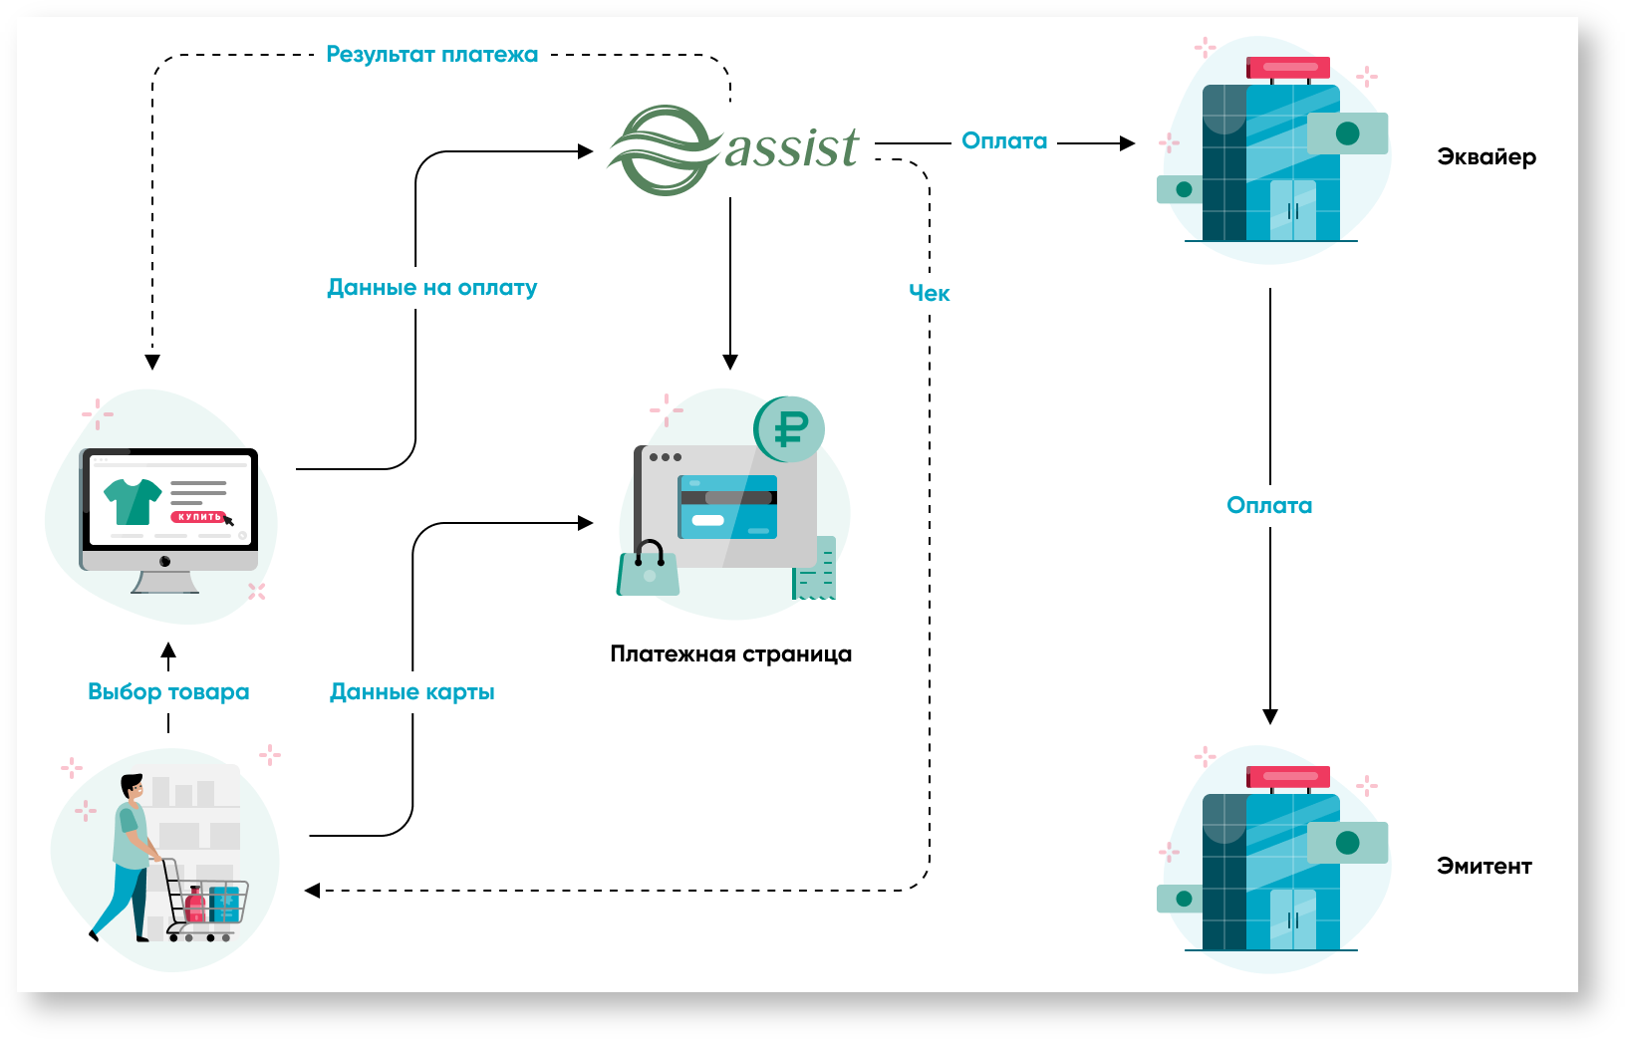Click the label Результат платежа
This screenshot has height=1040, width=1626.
click(x=431, y=55)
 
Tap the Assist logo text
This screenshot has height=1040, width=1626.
click(x=791, y=148)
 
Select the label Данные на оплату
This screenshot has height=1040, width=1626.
click(x=431, y=288)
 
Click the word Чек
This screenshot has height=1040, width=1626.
click(x=929, y=294)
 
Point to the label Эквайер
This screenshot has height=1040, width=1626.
click(x=1486, y=157)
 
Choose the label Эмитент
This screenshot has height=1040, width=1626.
click(x=1484, y=867)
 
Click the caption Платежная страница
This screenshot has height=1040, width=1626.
click(x=730, y=654)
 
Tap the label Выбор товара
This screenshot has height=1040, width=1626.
click(x=168, y=692)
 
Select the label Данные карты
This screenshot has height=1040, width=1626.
click(x=411, y=692)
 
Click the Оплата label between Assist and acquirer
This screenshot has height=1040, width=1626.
click(x=1003, y=141)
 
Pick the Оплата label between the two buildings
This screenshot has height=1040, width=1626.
click(x=1268, y=506)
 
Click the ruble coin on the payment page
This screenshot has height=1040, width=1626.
click(x=789, y=429)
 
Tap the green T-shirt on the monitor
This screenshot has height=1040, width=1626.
click(x=133, y=500)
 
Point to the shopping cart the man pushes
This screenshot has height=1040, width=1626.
click(x=209, y=902)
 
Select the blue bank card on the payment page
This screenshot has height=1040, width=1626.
click(x=727, y=507)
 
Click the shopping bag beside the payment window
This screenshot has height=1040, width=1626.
click(x=649, y=572)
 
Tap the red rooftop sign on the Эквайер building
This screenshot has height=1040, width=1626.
click(x=1288, y=68)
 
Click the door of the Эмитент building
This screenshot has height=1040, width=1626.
click(x=1292, y=918)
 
